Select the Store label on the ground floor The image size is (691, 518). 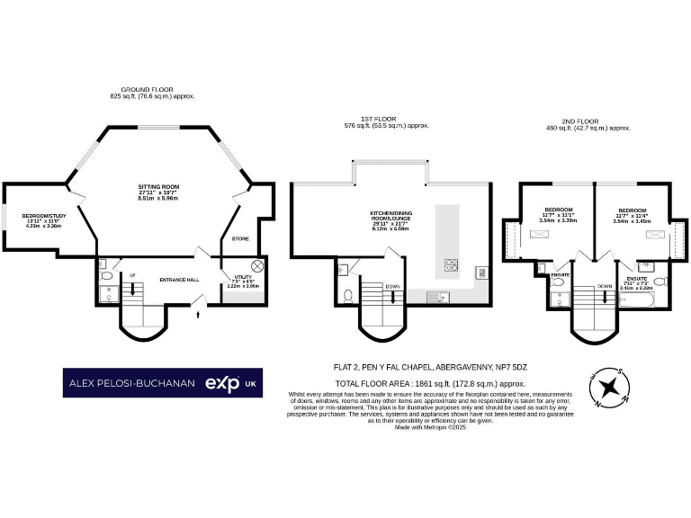[239, 238]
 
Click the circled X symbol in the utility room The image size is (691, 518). [256, 265]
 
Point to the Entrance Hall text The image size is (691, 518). [178, 278]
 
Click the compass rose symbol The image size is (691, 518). [609, 388]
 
